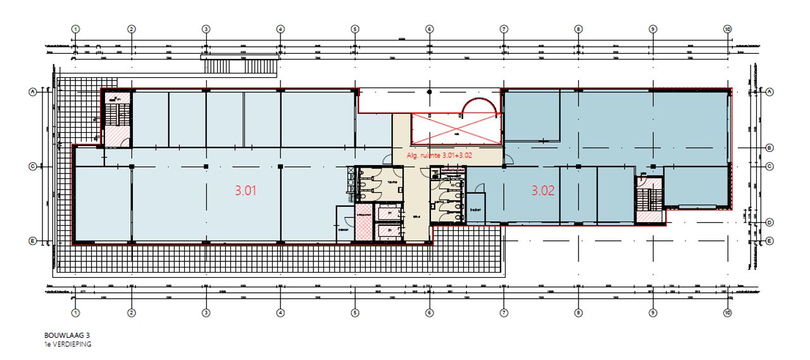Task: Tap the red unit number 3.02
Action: [543, 190]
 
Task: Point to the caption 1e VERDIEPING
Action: [68, 344]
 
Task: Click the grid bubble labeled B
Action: [769, 148]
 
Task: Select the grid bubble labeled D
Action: [769, 222]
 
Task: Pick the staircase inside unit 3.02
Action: [645, 199]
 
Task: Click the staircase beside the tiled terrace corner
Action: [116, 117]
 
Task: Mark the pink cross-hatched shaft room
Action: [363, 221]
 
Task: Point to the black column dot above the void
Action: [430, 92]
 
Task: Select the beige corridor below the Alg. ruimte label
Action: [415, 209]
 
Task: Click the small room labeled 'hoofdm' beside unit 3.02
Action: [475, 210]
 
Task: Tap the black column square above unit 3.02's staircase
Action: [652, 167]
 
